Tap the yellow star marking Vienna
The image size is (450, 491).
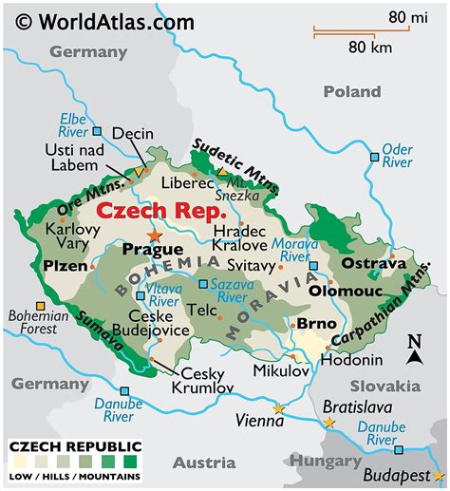point(278,408)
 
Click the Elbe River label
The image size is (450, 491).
point(73,124)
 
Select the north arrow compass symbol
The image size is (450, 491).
point(414,350)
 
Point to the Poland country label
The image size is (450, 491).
point(351,91)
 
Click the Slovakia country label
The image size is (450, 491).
point(384,386)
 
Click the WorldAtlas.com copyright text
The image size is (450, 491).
point(104,20)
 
